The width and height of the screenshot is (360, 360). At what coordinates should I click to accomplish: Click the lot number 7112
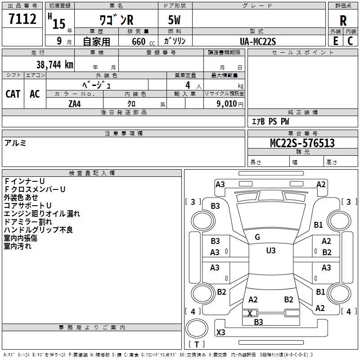[22, 18]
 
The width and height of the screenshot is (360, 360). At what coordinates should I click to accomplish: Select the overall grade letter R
[343, 21]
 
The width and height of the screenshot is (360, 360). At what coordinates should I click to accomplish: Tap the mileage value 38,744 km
[54, 65]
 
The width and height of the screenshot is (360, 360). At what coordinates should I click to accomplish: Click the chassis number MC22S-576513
[302, 143]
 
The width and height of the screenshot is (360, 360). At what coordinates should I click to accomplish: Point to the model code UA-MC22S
[257, 41]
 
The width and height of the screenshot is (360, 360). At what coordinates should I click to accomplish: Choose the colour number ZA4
[75, 104]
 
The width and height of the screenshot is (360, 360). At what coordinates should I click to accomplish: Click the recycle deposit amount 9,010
[227, 104]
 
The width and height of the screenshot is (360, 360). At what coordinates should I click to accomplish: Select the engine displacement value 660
[139, 41]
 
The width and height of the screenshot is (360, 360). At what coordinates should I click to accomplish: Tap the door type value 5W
[174, 20]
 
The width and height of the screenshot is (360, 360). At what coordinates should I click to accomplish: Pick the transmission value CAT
[13, 94]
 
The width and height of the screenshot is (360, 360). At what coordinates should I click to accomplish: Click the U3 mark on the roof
[271, 251]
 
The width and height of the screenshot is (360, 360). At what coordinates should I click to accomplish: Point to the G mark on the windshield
[257, 237]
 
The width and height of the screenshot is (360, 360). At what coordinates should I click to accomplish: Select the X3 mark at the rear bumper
[220, 332]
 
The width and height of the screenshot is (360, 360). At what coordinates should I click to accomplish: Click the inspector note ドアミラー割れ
[28, 222]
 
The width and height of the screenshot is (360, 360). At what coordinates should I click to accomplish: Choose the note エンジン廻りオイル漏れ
[42, 214]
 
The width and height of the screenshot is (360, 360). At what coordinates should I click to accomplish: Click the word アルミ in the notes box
[15, 143]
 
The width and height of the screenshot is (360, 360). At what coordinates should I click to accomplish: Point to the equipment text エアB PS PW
[270, 121]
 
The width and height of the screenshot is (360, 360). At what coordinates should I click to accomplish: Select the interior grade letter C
[350, 41]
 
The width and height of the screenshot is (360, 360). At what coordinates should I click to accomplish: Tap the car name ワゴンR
[117, 20]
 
